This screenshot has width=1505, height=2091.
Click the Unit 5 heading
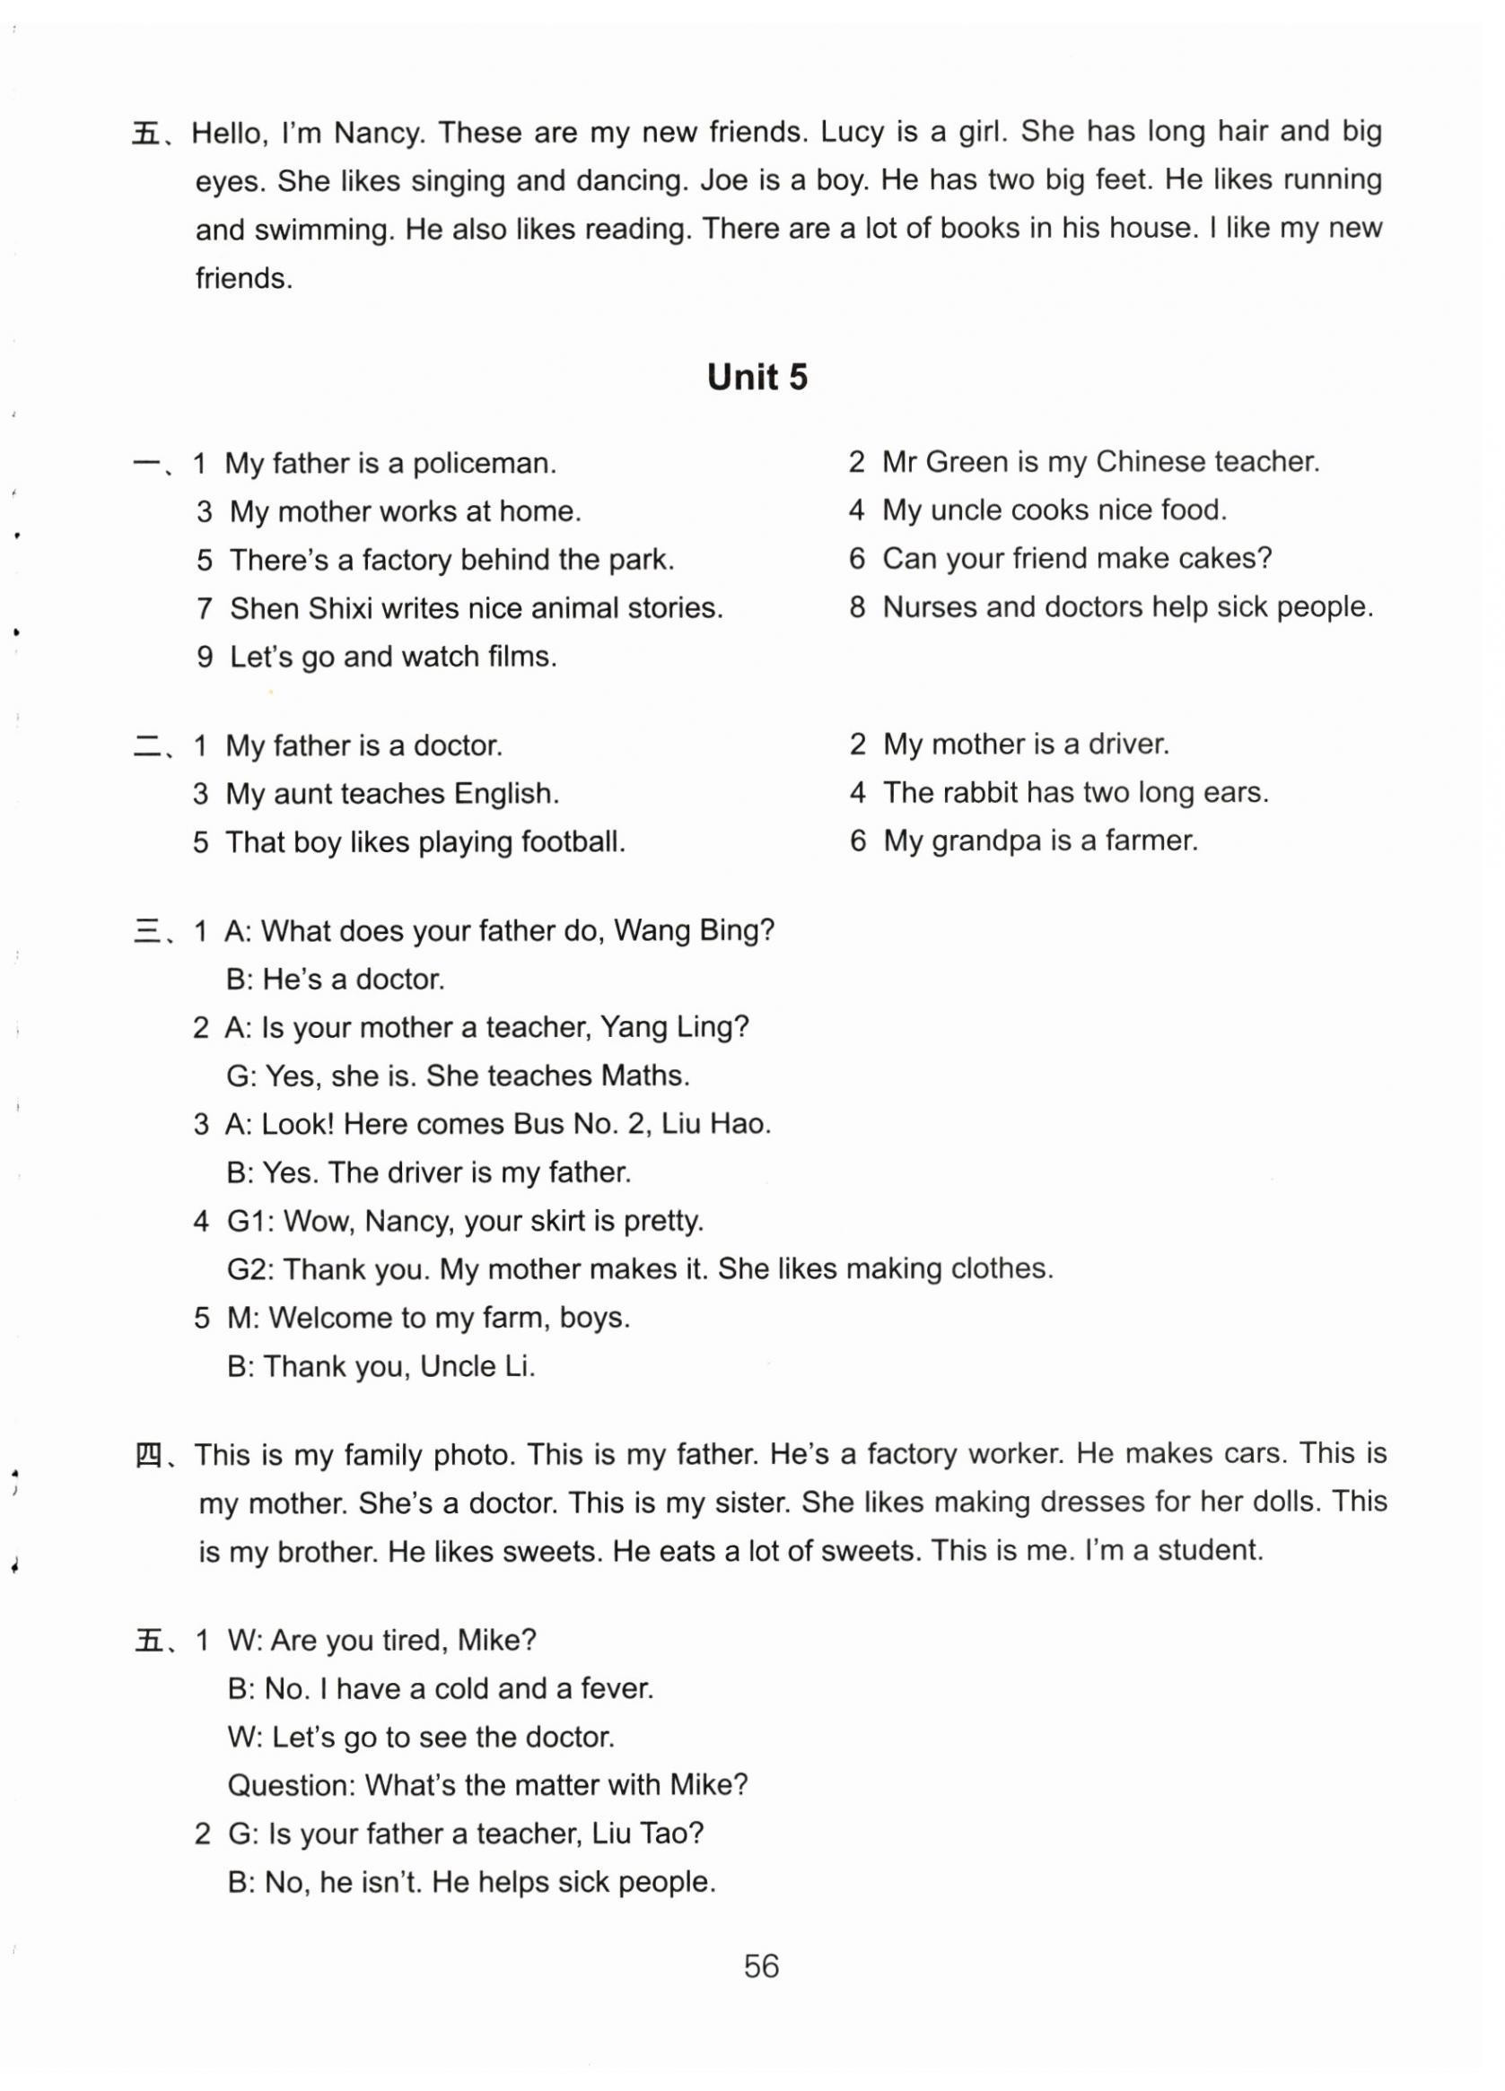click(757, 378)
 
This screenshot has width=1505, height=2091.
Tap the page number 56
click(761, 1965)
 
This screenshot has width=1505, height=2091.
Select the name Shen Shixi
click(300, 608)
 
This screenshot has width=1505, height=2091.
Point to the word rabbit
click(976, 792)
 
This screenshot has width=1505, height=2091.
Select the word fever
click(616, 1688)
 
